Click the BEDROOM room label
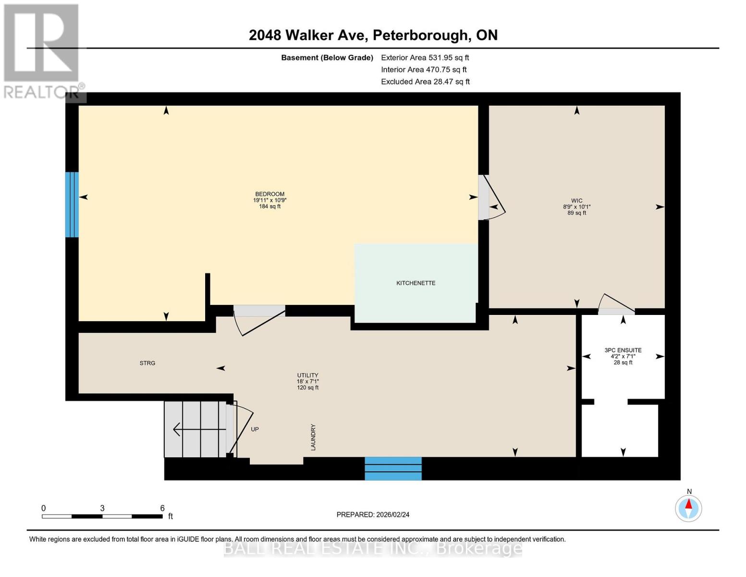(269, 194)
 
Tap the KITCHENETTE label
(416, 283)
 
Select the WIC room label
(576, 201)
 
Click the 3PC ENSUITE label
(623, 351)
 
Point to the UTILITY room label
(307, 376)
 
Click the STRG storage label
(147, 364)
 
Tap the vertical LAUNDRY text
(313, 437)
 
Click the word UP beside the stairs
(255, 429)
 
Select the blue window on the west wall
(72, 204)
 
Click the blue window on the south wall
(393, 468)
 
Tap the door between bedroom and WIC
(490, 198)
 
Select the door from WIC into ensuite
(616, 306)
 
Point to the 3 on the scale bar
(102, 508)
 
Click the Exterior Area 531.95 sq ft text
(425, 58)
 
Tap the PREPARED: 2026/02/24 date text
(373, 515)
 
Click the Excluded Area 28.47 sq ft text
(425, 82)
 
